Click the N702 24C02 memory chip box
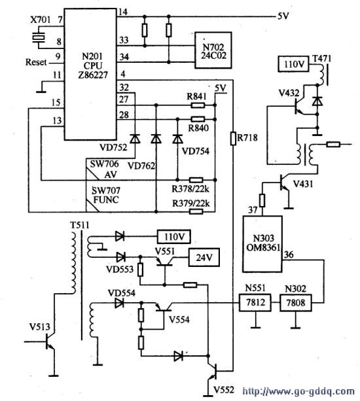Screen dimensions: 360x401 [213, 50]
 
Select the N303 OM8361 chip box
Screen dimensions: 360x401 [262, 244]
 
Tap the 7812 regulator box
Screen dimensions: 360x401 [255, 302]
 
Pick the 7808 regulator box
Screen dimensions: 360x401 [296, 303]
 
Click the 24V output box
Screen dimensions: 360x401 [204, 257]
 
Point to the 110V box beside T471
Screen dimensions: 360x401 [293, 64]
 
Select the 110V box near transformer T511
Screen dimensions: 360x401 [173, 237]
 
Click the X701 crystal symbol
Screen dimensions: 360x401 [39, 37]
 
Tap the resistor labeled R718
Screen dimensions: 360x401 [233, 139]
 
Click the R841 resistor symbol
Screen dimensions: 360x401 [198, 105]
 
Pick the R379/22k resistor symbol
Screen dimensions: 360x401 [196, 211]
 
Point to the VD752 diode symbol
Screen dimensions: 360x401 [135, 139]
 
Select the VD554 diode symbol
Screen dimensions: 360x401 [119, 303]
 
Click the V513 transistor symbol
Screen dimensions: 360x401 [50, 342]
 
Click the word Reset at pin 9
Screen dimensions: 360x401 [36, 62]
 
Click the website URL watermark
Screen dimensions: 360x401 [298, 392]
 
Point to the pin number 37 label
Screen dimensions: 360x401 [253, 210]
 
